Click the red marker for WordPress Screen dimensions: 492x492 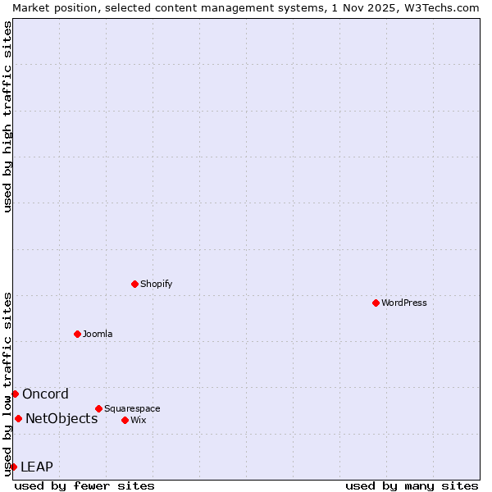[x=376, y=303]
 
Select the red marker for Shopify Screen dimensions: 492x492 [x=134, y=284]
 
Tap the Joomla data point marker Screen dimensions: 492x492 [x=77, y=334]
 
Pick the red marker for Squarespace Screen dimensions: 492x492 [x=98, y=408]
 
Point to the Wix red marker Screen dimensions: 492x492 [x=125, y=420]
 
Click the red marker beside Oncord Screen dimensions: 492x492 [x=15, y=394]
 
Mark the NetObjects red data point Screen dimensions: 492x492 [x=18, y=418]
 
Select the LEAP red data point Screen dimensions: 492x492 [x=13, y=467]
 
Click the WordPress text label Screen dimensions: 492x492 [x=404, y=303]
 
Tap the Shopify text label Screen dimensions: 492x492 [x=157, y=284]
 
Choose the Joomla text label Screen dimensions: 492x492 [x=98, y=334]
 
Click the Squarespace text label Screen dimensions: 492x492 [x=132, y=408]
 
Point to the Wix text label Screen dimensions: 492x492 [x=139, y=420]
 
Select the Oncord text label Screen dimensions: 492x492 [x=46, y=394]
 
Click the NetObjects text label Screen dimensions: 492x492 [x=61, y=418]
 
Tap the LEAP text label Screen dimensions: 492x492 [x=37, y=467]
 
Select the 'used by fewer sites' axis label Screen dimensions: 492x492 [x=84, y=485]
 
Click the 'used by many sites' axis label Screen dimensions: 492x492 [x=411, y=485]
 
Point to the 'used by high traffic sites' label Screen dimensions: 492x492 [x=7, y=116]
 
